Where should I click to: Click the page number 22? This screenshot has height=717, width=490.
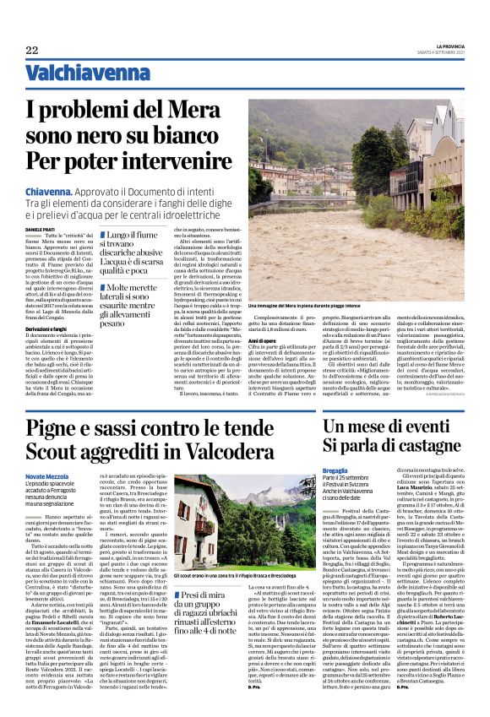pyautogui.click(x=32, y=51)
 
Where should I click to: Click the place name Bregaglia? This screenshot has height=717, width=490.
pyautogui.click(x=340, y=470)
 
